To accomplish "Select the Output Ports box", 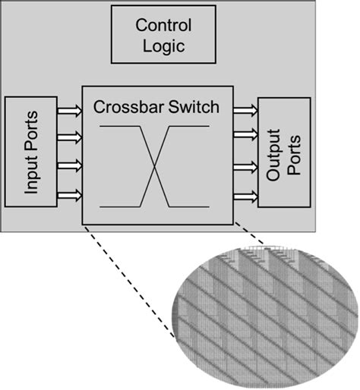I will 285,153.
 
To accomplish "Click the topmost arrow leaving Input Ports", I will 69,112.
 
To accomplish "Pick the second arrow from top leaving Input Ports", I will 69,137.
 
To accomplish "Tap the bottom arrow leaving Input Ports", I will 69,194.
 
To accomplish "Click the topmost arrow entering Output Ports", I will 246,111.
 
